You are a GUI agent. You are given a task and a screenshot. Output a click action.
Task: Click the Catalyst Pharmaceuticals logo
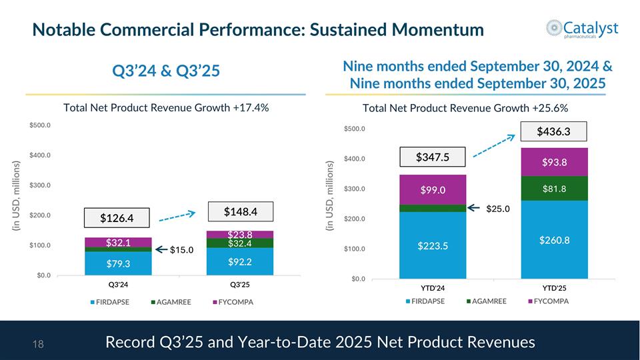coord(581,30)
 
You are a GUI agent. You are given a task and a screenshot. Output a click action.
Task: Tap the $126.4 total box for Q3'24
coord(117,218)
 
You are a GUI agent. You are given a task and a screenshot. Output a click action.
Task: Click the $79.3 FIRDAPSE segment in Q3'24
coord(117,263)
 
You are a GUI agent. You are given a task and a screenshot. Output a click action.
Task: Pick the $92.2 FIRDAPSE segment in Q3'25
coord(239,261)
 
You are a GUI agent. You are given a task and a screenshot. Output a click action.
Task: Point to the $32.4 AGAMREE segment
coord(239,243)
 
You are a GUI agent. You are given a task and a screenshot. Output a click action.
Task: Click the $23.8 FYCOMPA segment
coord(239,235)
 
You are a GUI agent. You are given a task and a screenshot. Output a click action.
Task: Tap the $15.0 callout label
coord(181,250)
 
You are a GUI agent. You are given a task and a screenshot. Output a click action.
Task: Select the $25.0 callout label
coord(497,209)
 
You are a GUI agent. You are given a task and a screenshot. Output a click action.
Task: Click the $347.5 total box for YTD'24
coord(432,157)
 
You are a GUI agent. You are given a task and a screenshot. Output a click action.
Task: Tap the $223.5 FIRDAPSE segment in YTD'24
coord(432,246)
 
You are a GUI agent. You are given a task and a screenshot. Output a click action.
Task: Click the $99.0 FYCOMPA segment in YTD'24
coord(432,190)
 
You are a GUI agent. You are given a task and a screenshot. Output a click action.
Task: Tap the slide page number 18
coord(38,343)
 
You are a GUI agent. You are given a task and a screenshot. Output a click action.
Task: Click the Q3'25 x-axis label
coord(239,285)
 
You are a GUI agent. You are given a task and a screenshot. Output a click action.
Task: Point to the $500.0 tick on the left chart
coord(43,125)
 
